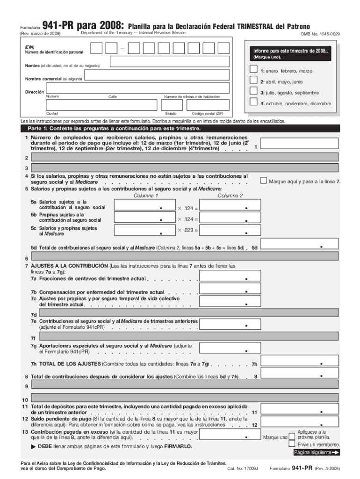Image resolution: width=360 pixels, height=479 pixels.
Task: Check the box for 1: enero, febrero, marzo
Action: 253,69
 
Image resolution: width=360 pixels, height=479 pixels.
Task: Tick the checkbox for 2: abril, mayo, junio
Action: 253,80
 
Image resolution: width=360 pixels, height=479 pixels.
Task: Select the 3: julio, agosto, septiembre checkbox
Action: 253,91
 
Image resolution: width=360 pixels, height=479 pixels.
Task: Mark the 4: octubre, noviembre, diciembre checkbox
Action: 253,102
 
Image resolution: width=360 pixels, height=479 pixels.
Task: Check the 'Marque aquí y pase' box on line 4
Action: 264,181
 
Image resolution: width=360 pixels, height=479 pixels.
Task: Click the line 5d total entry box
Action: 299,244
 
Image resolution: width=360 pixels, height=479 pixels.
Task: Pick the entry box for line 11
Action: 299,409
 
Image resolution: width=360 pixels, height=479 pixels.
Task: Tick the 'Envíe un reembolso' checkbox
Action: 292,444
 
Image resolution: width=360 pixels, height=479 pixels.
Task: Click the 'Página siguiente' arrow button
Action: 317,452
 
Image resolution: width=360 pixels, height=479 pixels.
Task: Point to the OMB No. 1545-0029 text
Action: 320,34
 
